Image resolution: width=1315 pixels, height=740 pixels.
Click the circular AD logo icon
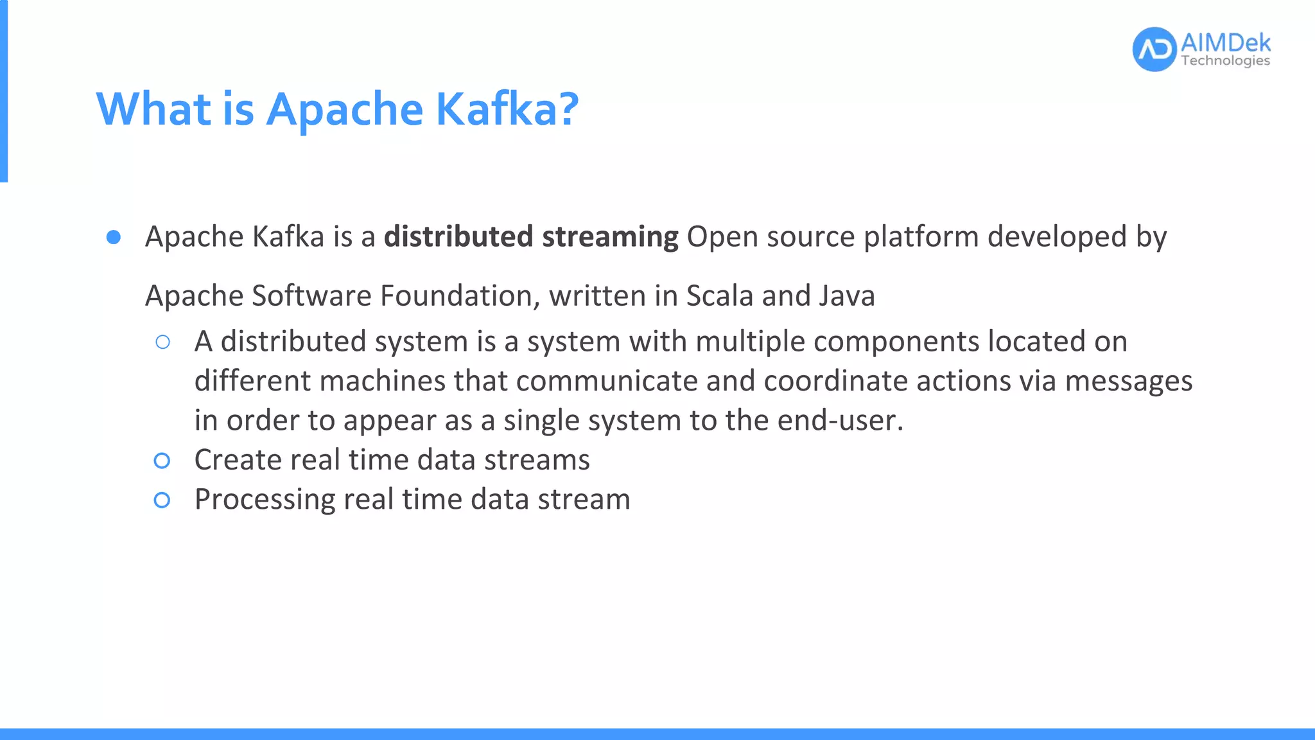[x=1154, y=49]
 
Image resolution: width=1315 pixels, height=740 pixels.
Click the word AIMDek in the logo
[x=1225, y=43]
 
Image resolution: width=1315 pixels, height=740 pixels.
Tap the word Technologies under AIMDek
[x=1225, y=61]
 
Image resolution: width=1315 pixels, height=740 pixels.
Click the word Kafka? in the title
[x=507, y=109]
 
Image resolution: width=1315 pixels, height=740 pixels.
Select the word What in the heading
[x=153, y=109]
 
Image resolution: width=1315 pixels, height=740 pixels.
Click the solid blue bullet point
[x=114, y=238]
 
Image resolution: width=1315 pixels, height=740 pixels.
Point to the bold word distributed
[x=458, y=236]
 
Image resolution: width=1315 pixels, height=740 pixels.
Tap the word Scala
[x=719, y=296]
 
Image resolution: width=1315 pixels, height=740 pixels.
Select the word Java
[x=847, y=296]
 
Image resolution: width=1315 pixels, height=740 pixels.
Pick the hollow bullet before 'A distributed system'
[x=162, y=342]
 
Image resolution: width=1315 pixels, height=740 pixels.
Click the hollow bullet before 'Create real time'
[x=162, y=461]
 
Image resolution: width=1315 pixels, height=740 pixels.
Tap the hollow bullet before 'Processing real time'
[x=162, y=500]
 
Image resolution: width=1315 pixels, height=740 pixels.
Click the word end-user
[x=839, y=421]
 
